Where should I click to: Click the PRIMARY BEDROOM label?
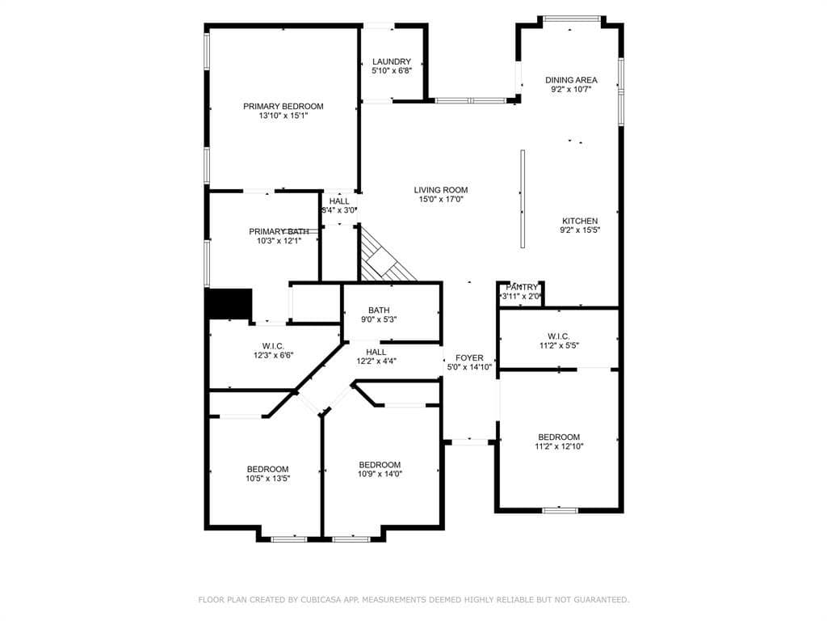click(283, 106)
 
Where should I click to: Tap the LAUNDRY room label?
click(392, 61)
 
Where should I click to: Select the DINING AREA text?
click(571, 80)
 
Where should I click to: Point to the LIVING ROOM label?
click(441, 190)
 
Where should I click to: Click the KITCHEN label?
click(580, 222)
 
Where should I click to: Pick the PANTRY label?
click(522, 287)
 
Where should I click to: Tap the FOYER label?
click(469, 358)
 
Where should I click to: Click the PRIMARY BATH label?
click(279, 232)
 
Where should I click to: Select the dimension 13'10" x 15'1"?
click(283, 116)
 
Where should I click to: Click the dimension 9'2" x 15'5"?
click(580, 230)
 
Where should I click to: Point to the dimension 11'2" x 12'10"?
click(559, 446)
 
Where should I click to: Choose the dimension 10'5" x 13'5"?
click(268, 479)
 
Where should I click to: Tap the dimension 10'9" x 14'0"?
click(380, 474)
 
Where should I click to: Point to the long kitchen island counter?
click(523, 199)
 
